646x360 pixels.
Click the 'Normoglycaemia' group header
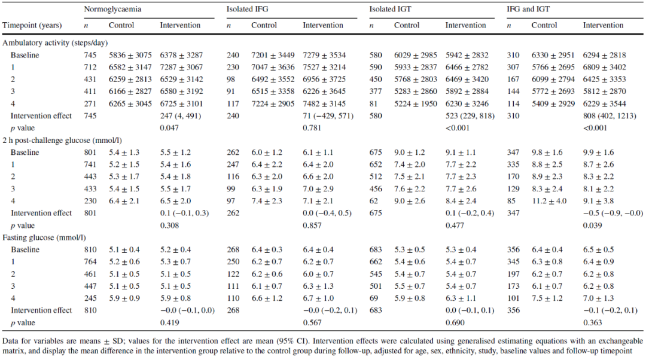tap(112, 9)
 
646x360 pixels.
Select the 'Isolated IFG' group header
tap(247, 9)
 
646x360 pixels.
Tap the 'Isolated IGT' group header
tap(390, 9)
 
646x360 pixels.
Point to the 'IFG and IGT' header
tap(528, 9)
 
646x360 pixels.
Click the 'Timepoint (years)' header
tap(32, 25)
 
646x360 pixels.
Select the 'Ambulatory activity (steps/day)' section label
tap(55, 43)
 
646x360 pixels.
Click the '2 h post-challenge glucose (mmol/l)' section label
tap(62, 141)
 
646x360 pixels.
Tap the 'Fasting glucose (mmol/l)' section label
tap(44, 237)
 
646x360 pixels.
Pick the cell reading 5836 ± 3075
tap(130, 55)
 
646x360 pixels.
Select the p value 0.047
tap(169, 128)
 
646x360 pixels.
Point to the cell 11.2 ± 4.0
tap(549, 201)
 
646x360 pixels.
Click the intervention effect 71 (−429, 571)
tap(328, 116)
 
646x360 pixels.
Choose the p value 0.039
tap(592, 225)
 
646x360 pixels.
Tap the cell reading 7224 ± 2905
tap(273, 104)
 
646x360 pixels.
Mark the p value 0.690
tap(455, 322)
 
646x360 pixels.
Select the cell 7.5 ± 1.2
tap(547, 298)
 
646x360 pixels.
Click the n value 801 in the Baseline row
tap(90, 152)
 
